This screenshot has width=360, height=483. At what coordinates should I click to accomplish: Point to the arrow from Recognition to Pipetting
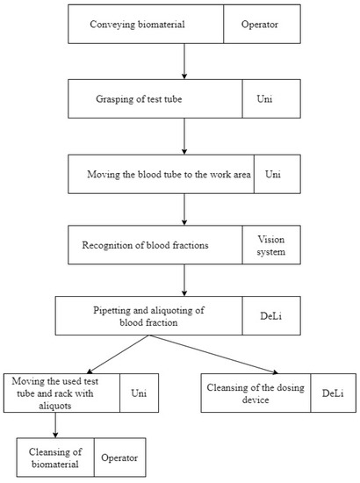tap(183, 280)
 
